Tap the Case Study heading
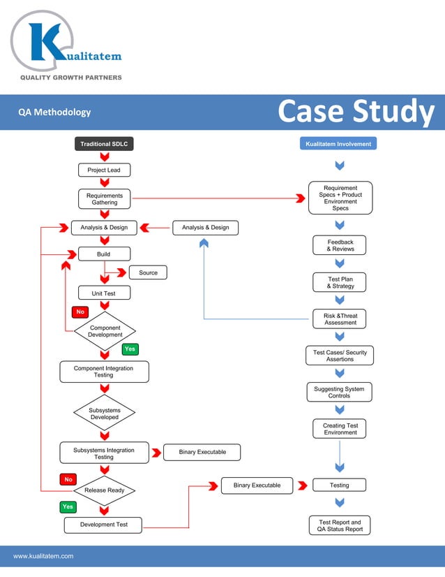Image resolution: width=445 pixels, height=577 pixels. coord(356,112)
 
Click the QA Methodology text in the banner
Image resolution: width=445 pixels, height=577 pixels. coord(54,112)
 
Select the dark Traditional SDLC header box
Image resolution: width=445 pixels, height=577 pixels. coord(104,144)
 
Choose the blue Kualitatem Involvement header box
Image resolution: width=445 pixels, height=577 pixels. coord(339,144)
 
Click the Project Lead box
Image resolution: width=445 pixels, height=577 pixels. coord(104,170)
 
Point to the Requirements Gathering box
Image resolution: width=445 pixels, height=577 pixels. coord(105,199)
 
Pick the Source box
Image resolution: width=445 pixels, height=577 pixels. coord(148,272)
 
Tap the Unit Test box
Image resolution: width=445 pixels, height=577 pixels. coord(104,293)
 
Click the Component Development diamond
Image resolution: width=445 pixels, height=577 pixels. coord(105,331)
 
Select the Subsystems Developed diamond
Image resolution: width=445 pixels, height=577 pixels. coord(104,414)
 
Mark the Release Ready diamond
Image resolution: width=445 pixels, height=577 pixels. coord(105,490)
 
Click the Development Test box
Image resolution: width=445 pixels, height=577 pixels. coord(103,525)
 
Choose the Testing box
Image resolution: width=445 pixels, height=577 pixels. coord(340,485)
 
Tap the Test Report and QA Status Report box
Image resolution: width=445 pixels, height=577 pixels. coord(340,525)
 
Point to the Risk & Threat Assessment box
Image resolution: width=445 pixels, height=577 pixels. coord(340,319)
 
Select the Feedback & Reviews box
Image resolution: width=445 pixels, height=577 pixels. coord(340,245)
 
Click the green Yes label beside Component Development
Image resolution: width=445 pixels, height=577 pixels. coord(130,349)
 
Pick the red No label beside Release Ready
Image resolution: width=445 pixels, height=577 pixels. coord(68,480)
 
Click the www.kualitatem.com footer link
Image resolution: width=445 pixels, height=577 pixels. coord(43,556)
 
